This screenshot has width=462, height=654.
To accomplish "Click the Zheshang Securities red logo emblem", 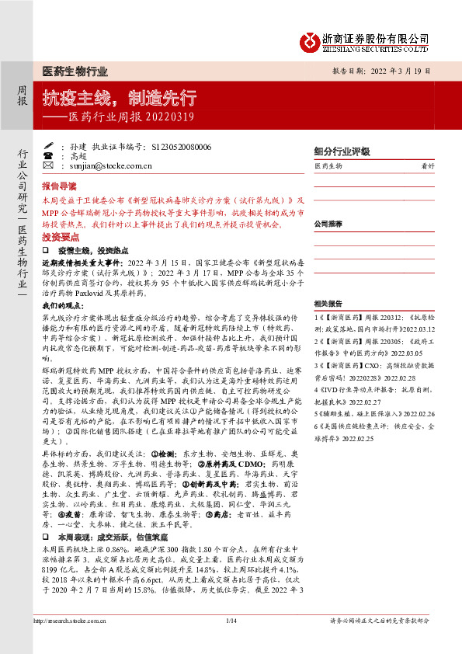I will click(311, 40).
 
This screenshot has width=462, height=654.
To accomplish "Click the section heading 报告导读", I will click(59, 187).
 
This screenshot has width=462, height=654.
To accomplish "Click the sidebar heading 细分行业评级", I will click(339, 152).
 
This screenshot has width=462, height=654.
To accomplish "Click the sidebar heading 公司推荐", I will click(328, 224).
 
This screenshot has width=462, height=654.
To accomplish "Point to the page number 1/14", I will click(231, 642).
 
